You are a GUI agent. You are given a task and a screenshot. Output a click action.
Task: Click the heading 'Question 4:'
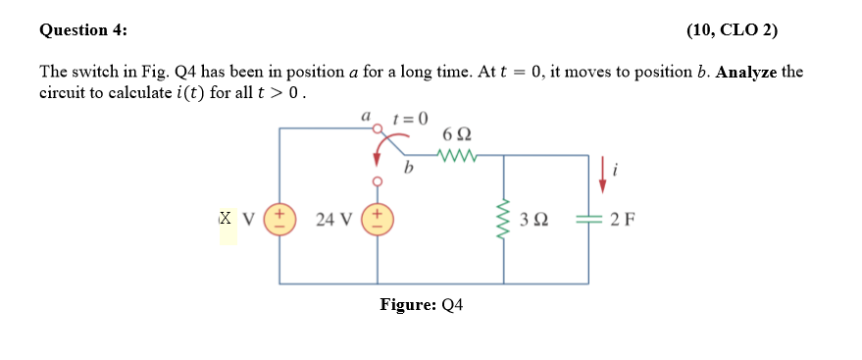pos(83,29)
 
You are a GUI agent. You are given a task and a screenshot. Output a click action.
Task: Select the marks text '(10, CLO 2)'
pos(732,29)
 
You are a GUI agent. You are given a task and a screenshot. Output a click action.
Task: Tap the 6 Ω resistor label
pos(457,132)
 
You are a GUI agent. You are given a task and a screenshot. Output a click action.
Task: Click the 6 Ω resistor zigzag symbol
pos(458,154)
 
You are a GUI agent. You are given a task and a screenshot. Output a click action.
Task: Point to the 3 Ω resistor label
pos(534,220)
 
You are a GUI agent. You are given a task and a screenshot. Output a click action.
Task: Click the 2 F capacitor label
pos(622,220)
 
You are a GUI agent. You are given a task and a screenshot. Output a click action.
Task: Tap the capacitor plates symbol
pos(588,220)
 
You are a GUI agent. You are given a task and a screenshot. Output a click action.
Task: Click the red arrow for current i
pos(603,171)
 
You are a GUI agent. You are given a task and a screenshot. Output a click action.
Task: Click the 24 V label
pos(334,220)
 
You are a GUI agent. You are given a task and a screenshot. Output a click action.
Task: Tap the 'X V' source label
pos(235,219)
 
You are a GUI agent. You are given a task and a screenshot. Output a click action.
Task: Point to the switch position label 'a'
pos(365,116)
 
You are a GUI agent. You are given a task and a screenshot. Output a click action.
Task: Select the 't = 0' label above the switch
pos(410,118)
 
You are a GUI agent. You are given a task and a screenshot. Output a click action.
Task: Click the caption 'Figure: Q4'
pos(422,305)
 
